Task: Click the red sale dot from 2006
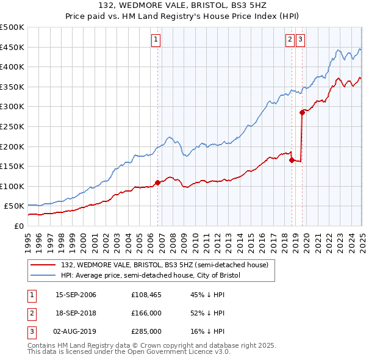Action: (x=157, y=182)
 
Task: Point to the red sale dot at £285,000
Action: (x=302, y=112)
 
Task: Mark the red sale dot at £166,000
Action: (x=292, y=160)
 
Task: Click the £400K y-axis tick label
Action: (x=12, y=67)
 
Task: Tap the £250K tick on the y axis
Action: (x=12, y=127)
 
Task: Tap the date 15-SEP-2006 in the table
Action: (x=76, y=295)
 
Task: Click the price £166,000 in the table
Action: (x=146, y=314)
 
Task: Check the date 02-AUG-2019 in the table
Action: (x=76, y=331)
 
